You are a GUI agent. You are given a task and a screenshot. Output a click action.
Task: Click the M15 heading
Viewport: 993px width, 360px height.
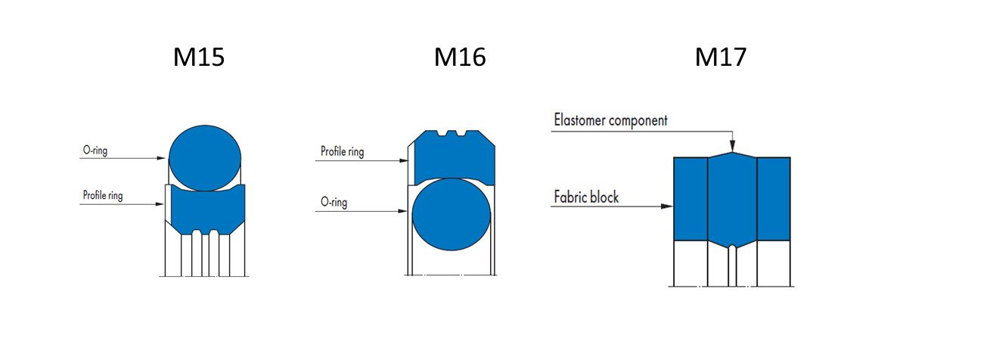199,57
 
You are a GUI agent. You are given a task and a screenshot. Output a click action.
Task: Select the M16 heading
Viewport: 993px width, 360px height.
460,57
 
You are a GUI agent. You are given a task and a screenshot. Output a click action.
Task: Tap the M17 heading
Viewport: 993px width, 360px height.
720,57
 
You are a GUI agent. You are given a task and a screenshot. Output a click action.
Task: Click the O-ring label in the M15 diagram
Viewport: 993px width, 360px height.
95,151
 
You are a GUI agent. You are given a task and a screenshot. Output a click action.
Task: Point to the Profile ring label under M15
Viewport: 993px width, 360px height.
102,196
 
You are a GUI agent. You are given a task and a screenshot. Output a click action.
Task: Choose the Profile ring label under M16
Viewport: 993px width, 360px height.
342,152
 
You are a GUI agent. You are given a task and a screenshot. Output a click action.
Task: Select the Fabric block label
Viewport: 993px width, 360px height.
586,197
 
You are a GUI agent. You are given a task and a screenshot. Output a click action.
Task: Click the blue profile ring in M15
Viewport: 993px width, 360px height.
204,208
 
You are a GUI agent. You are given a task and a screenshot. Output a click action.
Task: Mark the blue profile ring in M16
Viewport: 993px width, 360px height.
452,158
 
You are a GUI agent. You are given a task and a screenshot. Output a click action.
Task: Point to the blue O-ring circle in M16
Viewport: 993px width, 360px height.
452,214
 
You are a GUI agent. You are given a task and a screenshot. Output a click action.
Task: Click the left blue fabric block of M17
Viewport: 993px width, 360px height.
690,198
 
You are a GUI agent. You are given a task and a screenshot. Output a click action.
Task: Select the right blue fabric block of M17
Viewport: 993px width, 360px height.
774,198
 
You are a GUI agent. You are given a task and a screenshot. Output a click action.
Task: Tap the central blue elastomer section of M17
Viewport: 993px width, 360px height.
732,198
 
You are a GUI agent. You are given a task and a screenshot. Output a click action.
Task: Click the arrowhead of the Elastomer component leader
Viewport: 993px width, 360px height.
732,148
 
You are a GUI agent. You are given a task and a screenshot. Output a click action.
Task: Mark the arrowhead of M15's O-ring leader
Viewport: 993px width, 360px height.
162,158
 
